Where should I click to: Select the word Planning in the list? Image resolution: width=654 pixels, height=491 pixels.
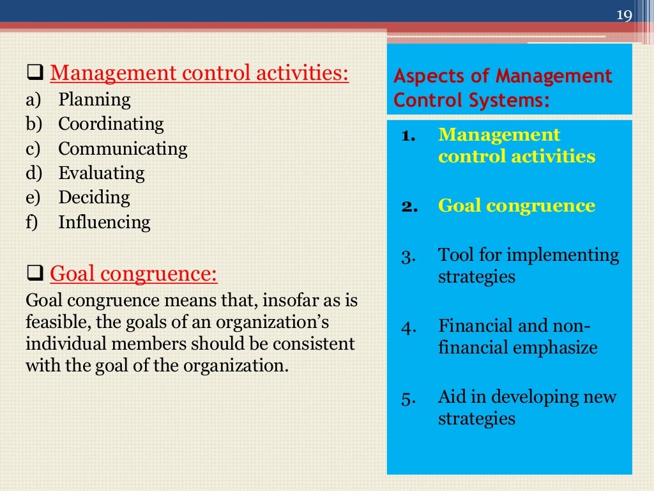pos(94,100)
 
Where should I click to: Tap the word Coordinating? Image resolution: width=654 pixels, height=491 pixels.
pos(111,124)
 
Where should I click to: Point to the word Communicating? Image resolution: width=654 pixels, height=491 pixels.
pos(123,149)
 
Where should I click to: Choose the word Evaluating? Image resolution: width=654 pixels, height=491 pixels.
pos(102,173)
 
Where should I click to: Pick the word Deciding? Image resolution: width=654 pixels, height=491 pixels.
pos(94,198)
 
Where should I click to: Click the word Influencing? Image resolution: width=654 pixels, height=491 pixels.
pos(104,222)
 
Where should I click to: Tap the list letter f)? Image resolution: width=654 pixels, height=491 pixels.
pos(33,222)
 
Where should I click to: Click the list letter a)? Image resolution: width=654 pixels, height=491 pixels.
pos(33,100)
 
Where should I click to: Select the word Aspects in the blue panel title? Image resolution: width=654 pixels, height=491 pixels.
pos(423,77)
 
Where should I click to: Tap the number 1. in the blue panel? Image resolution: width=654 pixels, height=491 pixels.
pos(409,136)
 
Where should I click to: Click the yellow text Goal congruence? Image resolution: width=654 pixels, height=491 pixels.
pos(516,206)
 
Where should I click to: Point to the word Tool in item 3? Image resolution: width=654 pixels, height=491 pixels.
pos(452,255)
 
